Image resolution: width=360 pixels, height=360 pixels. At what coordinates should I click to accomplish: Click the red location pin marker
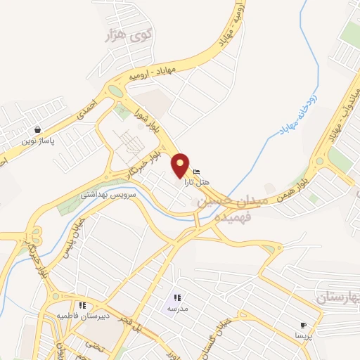[181, 165]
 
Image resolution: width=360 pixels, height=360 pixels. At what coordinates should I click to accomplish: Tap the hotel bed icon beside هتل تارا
[196, 172]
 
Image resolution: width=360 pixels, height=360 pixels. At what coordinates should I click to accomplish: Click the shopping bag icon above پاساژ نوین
[37, 130]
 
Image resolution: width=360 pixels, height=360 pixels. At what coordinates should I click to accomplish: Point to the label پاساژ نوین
[37, 141]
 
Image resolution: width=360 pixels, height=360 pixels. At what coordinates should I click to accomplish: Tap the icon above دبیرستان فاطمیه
[82, 305]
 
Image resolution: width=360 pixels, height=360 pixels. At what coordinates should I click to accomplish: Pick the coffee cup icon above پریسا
[303, 326]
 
